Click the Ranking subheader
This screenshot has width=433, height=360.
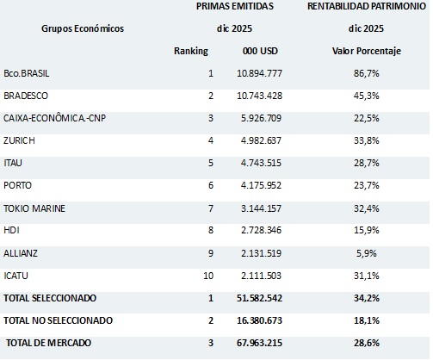[x=191, y=51]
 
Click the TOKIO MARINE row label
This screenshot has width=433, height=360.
[x=34, y=208]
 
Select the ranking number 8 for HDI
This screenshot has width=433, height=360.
[x=209, y=230]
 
